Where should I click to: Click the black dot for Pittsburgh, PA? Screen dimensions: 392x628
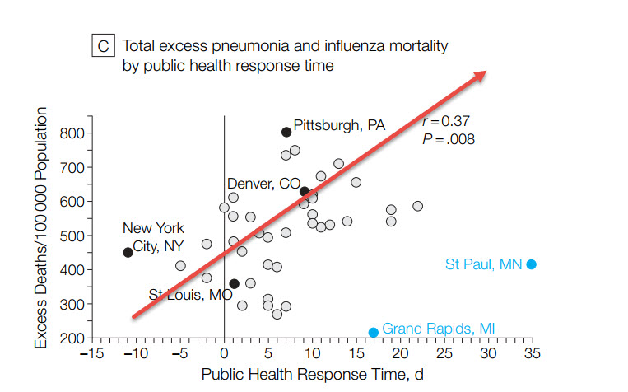click(x=286, y=132)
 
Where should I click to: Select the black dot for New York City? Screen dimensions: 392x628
click(x=128, y=252)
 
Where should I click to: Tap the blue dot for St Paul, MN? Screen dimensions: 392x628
click(x=532, y=264)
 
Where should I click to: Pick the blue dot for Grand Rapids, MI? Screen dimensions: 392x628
click(x=373, y=332)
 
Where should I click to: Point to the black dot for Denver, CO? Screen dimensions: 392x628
click(x=305, y=191)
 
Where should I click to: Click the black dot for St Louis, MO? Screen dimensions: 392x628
click(x=234, y=283)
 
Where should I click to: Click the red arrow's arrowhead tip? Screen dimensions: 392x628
click(x=486, y=71)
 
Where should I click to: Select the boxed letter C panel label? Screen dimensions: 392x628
click(x=103, y=47)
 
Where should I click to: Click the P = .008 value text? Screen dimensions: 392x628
click(x=449, y=138)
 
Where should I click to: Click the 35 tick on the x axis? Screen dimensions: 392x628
click(x=532, y=355)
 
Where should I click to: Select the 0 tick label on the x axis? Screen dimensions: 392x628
click(x=225, y=355)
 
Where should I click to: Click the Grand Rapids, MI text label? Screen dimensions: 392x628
click(x=439, y=329)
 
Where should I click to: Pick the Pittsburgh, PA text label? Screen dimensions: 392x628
click(x=339, y=125)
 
